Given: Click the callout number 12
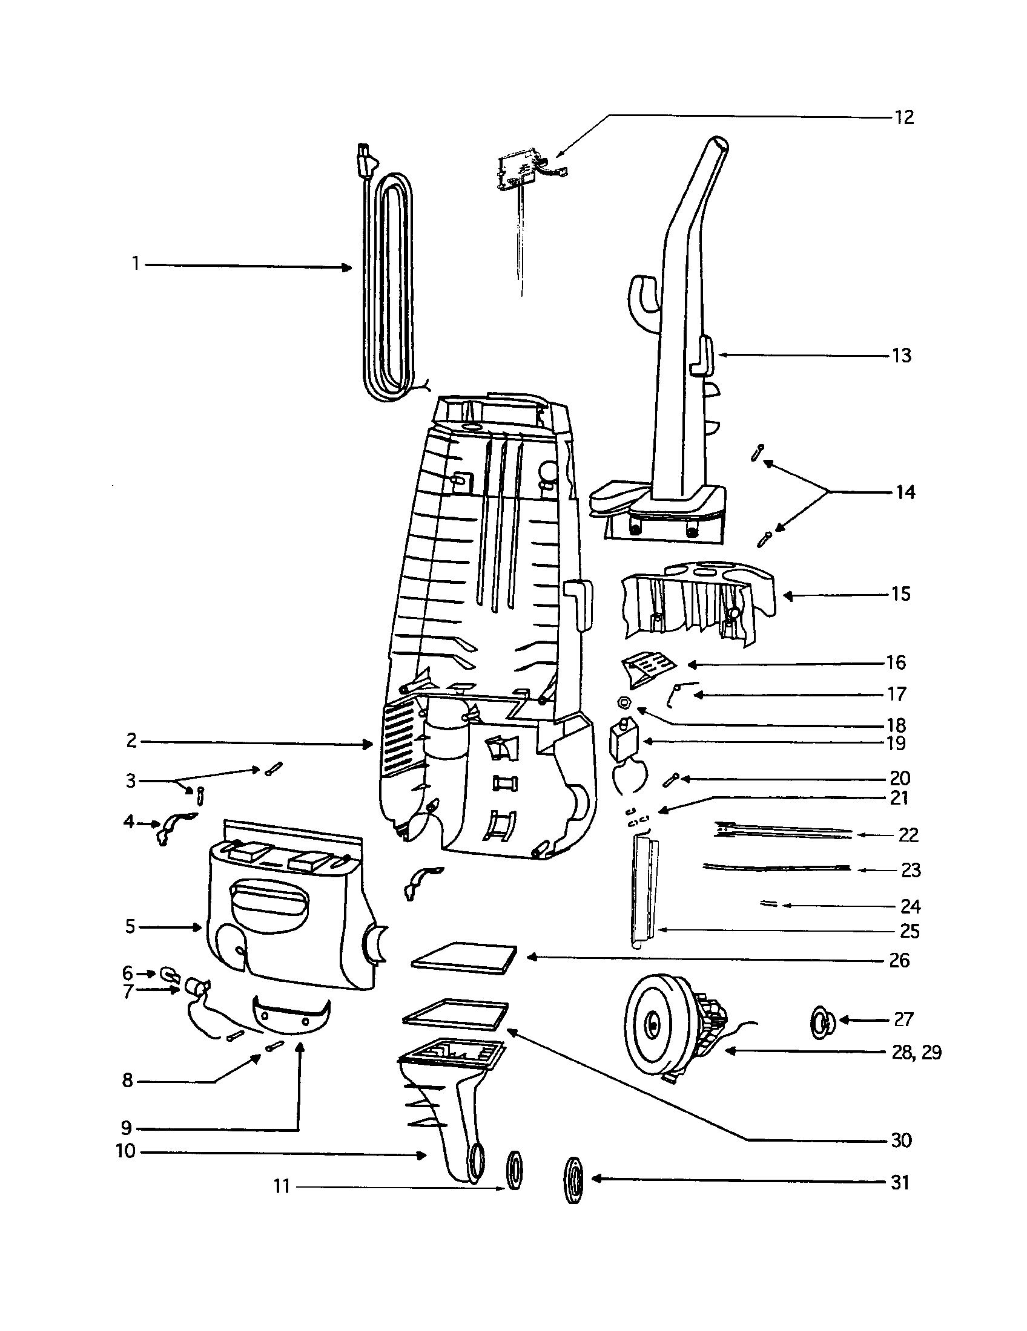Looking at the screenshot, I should pyautogui.click(x=904, y=117).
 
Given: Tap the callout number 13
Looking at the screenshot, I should pyautogui.click(x=902, y=355).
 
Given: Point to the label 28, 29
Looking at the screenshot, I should pyautogui.click(x=916, y=1053).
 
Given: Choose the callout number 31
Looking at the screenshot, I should pyautogui.click(x=900, y=1182).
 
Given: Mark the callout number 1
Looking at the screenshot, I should pyautogui.click(x=136, y=264).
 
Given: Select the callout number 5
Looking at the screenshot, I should pyautogui.click(x=131, y=927).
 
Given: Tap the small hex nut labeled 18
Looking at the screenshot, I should pyautogui.click(x=623, y=702).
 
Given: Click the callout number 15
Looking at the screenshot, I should pyautogui.click(x=901, y=594).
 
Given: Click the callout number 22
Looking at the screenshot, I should pyautogui.click(x=908, y=835).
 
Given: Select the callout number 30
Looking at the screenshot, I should pyautogui.click(x=901, y=1140).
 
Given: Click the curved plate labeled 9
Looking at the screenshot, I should pyautogui.click(x=291, y=1016).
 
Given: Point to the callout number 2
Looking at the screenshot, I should pyautogui.click(x=132, y=741).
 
